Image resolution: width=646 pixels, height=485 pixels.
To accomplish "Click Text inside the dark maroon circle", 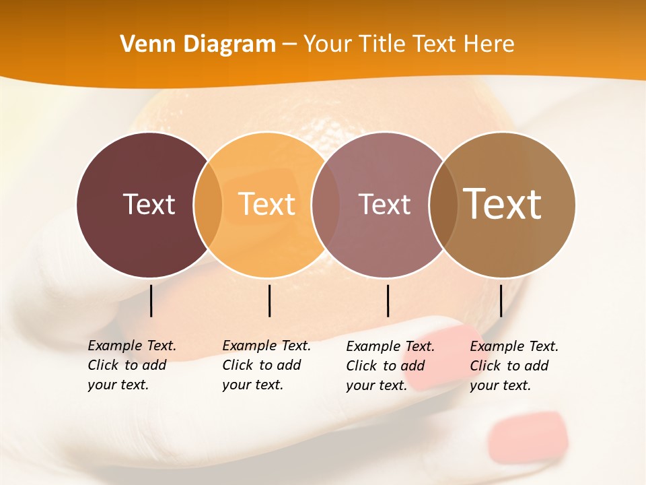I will [x=149, y=204].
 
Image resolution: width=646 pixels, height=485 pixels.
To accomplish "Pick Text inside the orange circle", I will [x=266, y=204].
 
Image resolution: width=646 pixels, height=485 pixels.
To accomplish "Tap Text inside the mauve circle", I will [x=384, y=204].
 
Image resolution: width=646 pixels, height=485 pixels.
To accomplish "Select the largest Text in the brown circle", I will [x=503, y=204].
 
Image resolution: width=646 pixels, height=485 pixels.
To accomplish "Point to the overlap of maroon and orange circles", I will [x=208, y=204].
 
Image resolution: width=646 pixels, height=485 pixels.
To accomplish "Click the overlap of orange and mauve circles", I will [x=325, y=204].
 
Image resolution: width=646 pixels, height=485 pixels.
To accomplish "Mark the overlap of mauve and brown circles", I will [x=443, y=204].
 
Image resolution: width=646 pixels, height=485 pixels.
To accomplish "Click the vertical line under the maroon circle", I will [x=151, y=300].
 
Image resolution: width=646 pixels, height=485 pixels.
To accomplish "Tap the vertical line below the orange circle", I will [x=269, y=300].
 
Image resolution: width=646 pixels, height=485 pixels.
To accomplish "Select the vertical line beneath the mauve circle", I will [x=388, y=300].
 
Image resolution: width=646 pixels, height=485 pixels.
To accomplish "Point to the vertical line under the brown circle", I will [x=501, y=300].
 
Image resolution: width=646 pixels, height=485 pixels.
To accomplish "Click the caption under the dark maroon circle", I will [x=132, y=365].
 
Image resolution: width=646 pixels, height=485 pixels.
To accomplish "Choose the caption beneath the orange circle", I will [x=266, y=365].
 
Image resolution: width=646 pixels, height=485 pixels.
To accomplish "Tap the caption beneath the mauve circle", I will [x=390, y=366].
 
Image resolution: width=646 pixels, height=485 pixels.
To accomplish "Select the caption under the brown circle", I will [x=514, y=366].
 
